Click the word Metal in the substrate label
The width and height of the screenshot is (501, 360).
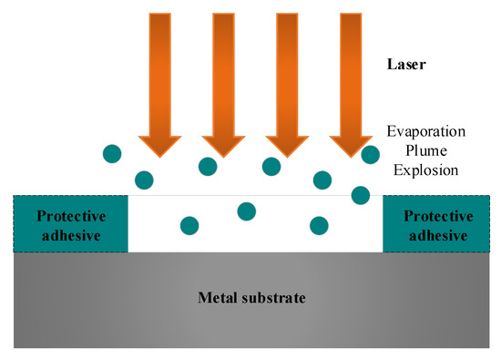click(x=220, y=298)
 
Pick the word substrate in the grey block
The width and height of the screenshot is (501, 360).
click(x=274, y=298)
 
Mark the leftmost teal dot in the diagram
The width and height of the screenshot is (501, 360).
click(x=112, y=151)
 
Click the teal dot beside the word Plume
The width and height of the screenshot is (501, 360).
click(x=370, y=155)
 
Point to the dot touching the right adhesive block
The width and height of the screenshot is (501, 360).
click(x=361, y=195)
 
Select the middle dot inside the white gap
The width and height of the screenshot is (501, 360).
click(x=246, y=211)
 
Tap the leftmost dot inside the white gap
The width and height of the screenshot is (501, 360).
click(x=189, y=224)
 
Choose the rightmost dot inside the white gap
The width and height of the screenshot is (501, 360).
click(x=319, y=224)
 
